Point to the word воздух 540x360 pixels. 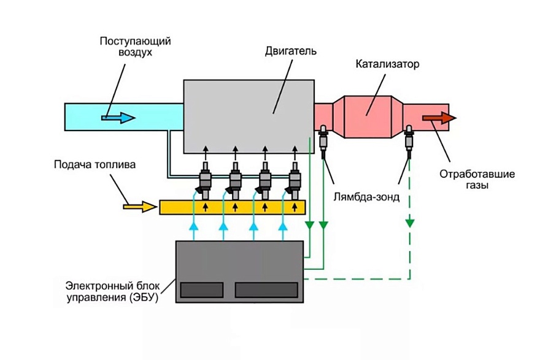135,53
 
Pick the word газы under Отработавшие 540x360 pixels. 476,184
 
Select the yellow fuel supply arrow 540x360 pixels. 140,206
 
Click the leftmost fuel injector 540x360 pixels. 205,181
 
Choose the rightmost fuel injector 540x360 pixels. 295,181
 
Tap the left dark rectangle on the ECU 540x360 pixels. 201,289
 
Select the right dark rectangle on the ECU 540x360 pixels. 265,289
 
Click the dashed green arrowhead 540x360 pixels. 409,222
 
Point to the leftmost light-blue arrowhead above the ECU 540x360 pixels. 194,227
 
